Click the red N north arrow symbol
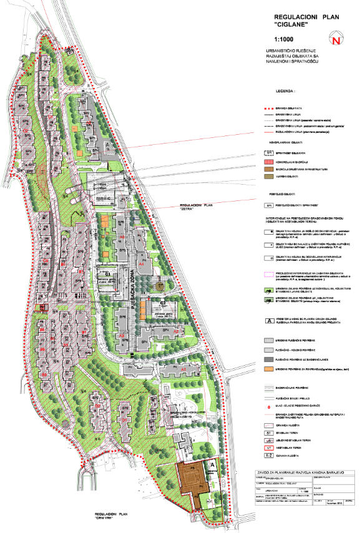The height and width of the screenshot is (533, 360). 337,41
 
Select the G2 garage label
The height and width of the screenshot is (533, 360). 162,303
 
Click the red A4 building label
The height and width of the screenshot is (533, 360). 142,265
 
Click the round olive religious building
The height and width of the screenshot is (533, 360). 160,285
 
